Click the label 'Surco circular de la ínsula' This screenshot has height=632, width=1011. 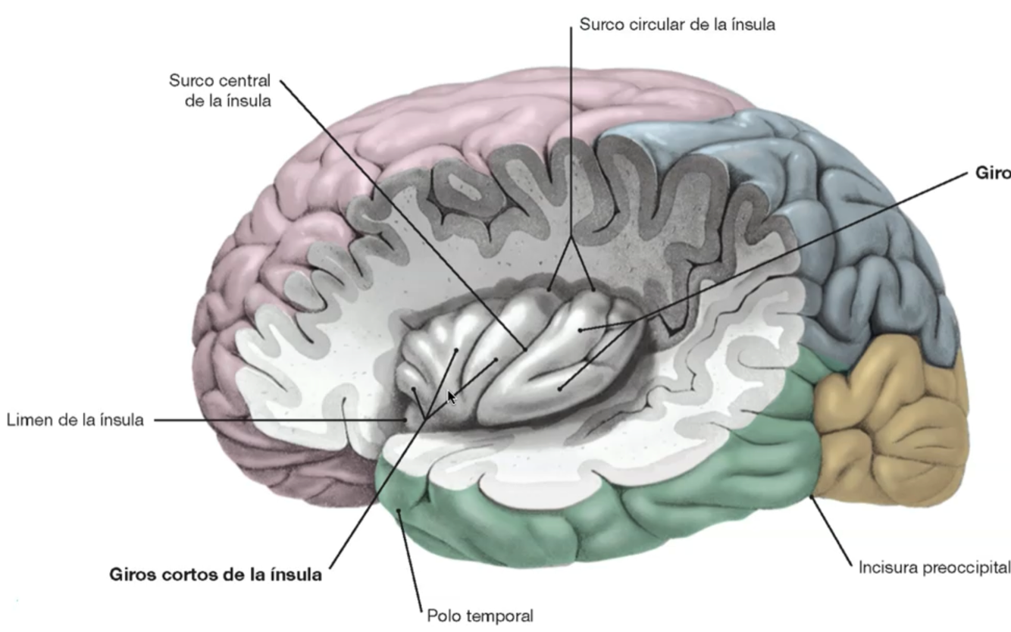coord(677,24)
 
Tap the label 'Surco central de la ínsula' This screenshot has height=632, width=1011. coord(220,90)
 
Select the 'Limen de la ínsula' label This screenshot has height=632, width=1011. coord(75,420)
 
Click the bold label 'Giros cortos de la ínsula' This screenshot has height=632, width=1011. coord(216,574)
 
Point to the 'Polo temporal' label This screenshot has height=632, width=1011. coord(480,615)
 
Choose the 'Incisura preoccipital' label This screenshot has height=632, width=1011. coord(934,567)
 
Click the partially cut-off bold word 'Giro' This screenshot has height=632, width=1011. coord(994,173)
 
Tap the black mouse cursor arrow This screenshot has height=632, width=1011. coord(451,397)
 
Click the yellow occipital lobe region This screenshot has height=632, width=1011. coord(890,424)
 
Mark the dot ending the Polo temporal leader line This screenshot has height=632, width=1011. coord(399,513)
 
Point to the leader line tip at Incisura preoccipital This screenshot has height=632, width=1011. coord(812,496)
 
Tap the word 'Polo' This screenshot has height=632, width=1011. coord(442,615)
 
